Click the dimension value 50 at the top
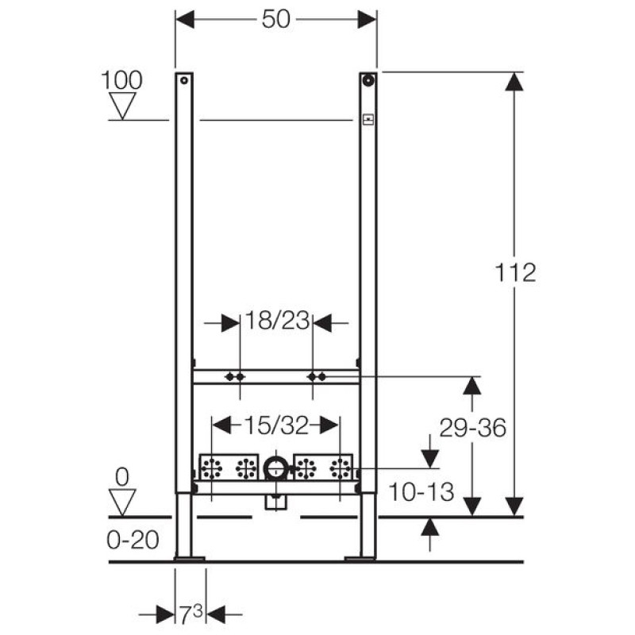276,19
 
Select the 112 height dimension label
515,272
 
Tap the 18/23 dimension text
276,322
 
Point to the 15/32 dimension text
276,425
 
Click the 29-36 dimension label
472,428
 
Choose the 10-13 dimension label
421,492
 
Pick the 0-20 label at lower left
133,541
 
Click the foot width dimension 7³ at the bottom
190,614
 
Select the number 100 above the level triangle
122,79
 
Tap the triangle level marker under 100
122,106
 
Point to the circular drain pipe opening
276,468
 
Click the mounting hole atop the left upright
183,80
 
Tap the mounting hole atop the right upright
368,79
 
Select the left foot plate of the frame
189,559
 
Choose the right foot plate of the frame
360,559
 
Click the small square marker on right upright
368,121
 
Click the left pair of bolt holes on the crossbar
234,376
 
